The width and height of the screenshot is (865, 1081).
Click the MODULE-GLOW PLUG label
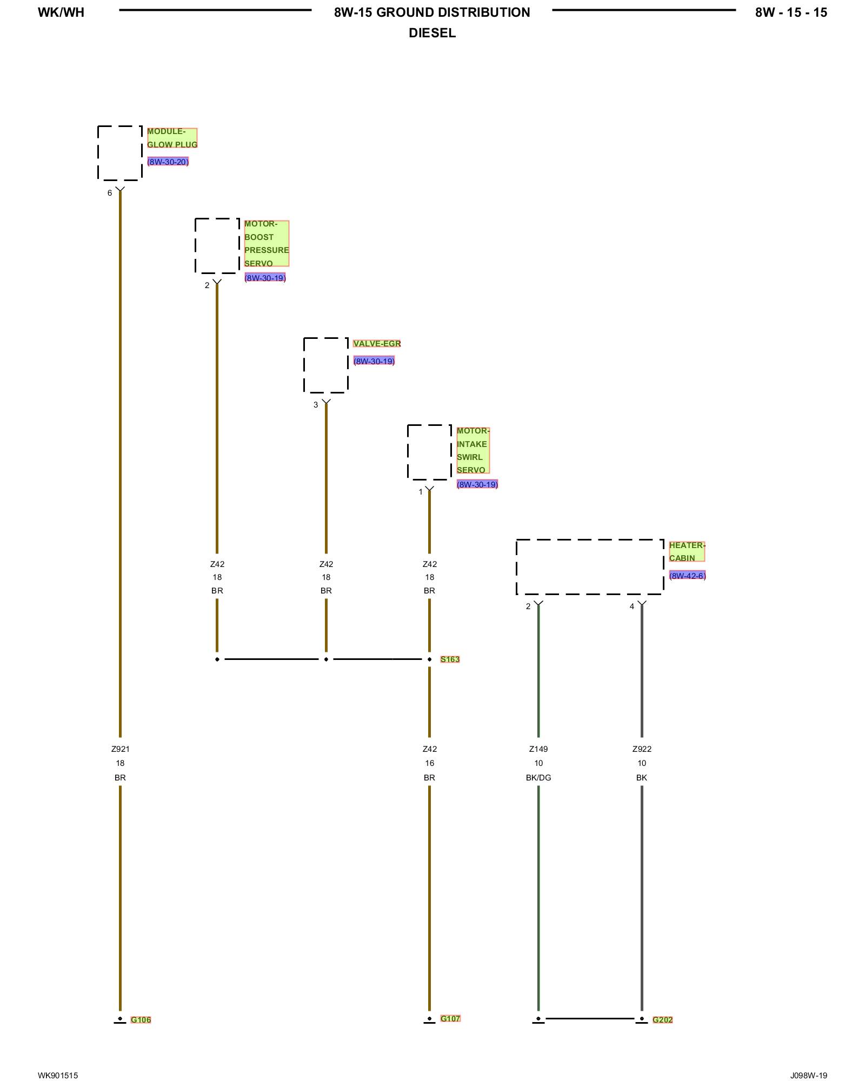[172, 138]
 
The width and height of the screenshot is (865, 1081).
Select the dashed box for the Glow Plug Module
[120, 153]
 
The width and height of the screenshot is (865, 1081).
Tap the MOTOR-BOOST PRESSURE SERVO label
[266, 243]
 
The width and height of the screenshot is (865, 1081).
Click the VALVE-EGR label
[377, 344]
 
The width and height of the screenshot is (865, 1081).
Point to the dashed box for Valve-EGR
[325, 365]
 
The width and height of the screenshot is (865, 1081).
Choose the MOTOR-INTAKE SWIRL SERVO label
[473, 450]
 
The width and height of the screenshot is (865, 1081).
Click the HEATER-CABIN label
[687, 551]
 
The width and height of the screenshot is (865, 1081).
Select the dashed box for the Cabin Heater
[589, 566]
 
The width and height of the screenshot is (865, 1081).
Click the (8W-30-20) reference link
[168, 162]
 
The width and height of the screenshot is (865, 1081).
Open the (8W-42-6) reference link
[687, 576]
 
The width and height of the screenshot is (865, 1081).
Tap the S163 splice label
[450, 659]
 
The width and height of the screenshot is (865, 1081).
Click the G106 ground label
[141, 1020]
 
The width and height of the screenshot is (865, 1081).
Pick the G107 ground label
[450, 1019]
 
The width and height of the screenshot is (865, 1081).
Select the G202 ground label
[662, 1020]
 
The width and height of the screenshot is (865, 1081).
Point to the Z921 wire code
[120, 749]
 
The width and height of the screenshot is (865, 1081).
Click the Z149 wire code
[538, 749]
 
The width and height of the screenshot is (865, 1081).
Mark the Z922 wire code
[642, 749]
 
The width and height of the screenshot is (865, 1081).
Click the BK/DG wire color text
[538, 778]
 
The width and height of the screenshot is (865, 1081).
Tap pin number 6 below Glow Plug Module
[110, 193]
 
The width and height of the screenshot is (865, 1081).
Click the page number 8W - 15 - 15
[791, 12]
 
